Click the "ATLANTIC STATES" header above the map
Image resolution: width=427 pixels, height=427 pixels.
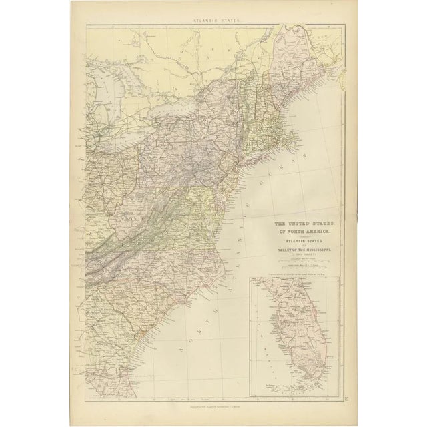pyautogui.click(x=213, y=22)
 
